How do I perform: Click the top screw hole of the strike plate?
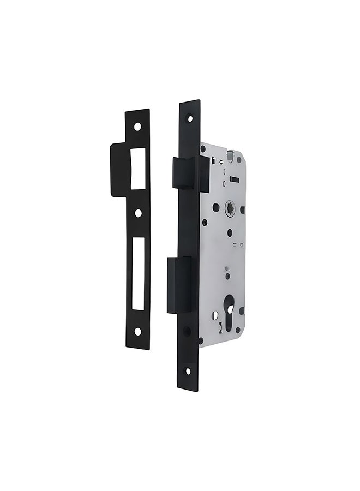tap(137, 127)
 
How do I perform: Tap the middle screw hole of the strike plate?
tap(137, 213)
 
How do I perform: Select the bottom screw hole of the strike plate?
tap(137, 331)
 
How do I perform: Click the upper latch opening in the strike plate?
tap(138, 169)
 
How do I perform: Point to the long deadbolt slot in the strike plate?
tap(138, 273)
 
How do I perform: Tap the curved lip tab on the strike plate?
tap(120, 170)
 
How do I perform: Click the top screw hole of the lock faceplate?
tap(189, 118)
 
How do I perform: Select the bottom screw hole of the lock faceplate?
tap(188, 371)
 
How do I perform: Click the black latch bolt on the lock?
tap(190, 173)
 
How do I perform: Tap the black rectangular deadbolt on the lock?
tap(180, 285)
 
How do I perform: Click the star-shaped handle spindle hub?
tap(230, 208)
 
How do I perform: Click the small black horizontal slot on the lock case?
tap(235, 179)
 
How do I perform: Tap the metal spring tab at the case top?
tap(231, 156)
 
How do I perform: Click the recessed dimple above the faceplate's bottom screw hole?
tap(187, 331)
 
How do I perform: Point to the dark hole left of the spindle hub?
tap(216, 207)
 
